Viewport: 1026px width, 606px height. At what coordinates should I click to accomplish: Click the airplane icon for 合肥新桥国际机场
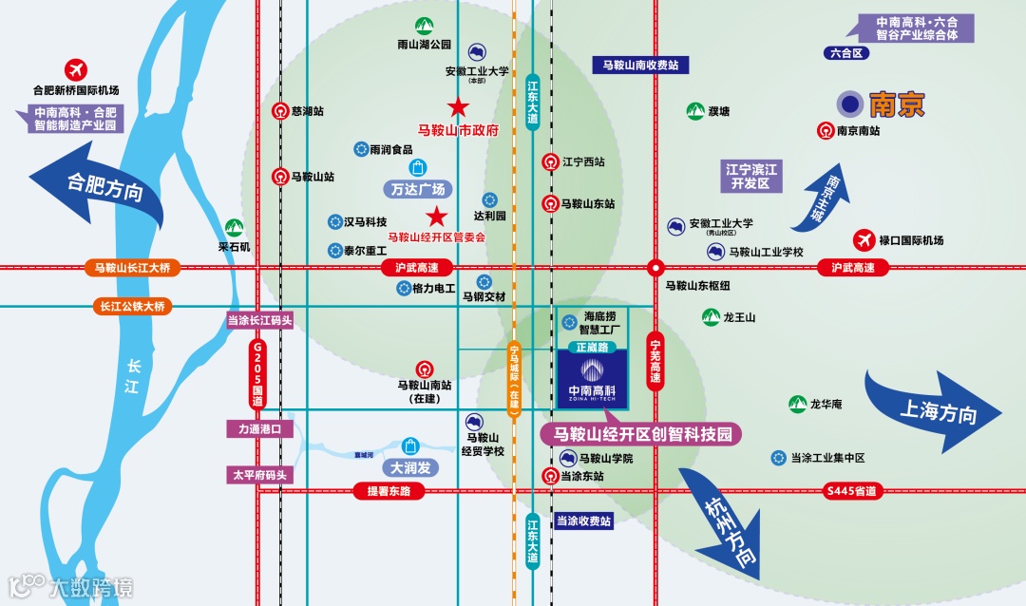click(x=75, y=69)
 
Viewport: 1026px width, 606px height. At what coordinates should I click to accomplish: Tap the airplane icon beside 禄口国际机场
click(x=864, y=240)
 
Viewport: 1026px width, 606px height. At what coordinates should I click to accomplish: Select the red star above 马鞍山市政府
click(x=459, y=107)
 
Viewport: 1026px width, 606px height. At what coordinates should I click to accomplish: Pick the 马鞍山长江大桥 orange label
click(x=132, y=268)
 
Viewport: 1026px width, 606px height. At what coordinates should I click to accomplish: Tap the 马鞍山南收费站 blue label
click(x=640, y=66)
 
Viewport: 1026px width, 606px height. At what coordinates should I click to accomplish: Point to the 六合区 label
click(x=845, y=53)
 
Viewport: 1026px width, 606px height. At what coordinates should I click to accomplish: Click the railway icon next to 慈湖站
click(x=280, y=111)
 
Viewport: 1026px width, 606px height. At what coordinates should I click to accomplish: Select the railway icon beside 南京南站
click(x=825, y=131)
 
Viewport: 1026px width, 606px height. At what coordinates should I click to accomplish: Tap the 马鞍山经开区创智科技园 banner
click(x=641, y=434)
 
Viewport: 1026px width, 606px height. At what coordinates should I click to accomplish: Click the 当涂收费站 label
click(x=583, y=521)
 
